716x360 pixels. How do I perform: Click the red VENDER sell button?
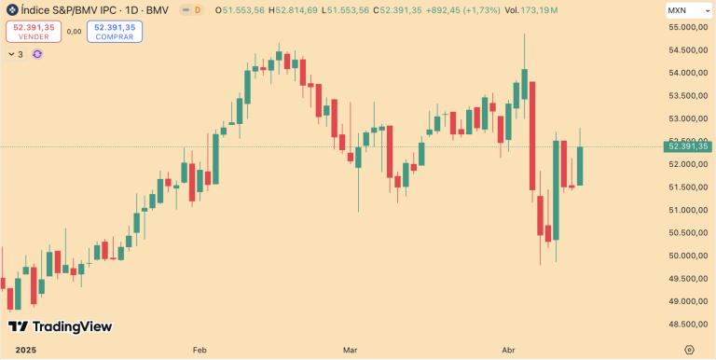click(34, 32)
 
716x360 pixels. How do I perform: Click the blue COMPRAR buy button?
click(115, 32)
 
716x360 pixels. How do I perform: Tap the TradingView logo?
click(60, 326)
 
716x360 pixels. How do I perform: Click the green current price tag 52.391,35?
click(688, 146)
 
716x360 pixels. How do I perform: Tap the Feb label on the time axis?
click(200, 350)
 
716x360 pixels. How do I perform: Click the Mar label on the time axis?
click(351, 350)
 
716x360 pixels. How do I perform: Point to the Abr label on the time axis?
click(509, 350)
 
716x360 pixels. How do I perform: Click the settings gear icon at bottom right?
click(688, 350)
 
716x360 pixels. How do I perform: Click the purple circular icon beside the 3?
click(37, 54)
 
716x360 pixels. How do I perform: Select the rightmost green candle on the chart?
click(580, 166)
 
